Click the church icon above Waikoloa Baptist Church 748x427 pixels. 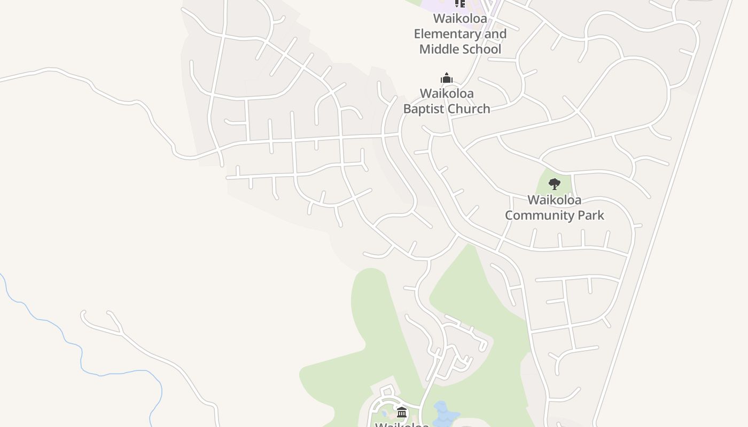(x=447, y=78)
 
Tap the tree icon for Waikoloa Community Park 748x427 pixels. (x=555, y=184)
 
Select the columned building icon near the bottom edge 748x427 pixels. (x=402, y=412)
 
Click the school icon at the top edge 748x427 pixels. (x=460, y=3)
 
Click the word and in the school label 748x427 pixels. (x=495, y=34)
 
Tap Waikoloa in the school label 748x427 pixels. (x=460, y=19)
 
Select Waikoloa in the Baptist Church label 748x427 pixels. (x=447, y=93)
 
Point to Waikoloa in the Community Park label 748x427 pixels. (x=555, y=200)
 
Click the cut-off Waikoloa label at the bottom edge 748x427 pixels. (x=402, y=424)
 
